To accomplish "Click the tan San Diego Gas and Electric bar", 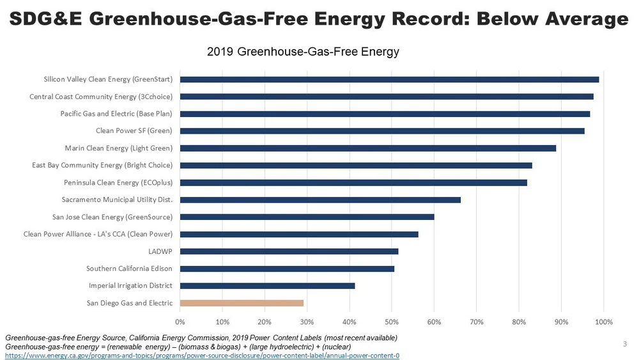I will [x=242, y=303].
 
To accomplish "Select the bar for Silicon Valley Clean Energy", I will [x=389, y=79].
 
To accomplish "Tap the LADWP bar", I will [x=289, y=251].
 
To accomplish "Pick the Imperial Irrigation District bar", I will [x=267, y=286].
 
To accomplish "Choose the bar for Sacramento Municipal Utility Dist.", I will [x=320, y=200].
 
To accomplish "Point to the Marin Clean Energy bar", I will [x=368, y=148].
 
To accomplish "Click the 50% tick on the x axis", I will [x=392, y=321].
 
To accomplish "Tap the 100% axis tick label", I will [x=603, y=321].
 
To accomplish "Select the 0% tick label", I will [x=180, y=321].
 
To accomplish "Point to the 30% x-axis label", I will [x=307, y=321].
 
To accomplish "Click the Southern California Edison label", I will [x=129, y=269].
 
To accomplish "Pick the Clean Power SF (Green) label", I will [x=134, y=131].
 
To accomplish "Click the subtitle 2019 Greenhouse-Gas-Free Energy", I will [x=303, y=52].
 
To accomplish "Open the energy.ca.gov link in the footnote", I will [x=202, y=356].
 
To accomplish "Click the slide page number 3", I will [x=624, y=345].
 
